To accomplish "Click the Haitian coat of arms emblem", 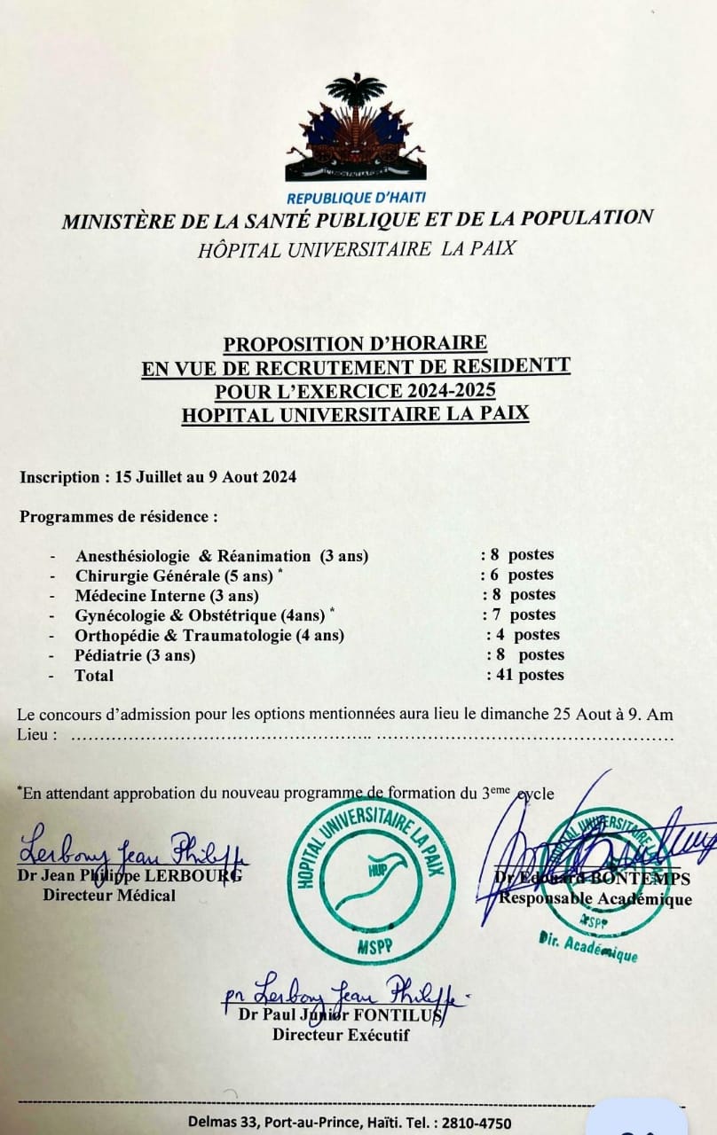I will coord(356,128).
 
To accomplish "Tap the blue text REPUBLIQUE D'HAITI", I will coord(356,198).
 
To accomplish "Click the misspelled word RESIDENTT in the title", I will coord(521,366).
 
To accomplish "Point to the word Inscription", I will coord(59,477).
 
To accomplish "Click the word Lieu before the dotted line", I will coord(36,734).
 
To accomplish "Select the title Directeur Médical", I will coord(109,896).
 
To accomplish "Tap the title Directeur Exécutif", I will coord(341,1034).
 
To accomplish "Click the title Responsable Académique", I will coord(595,900).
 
